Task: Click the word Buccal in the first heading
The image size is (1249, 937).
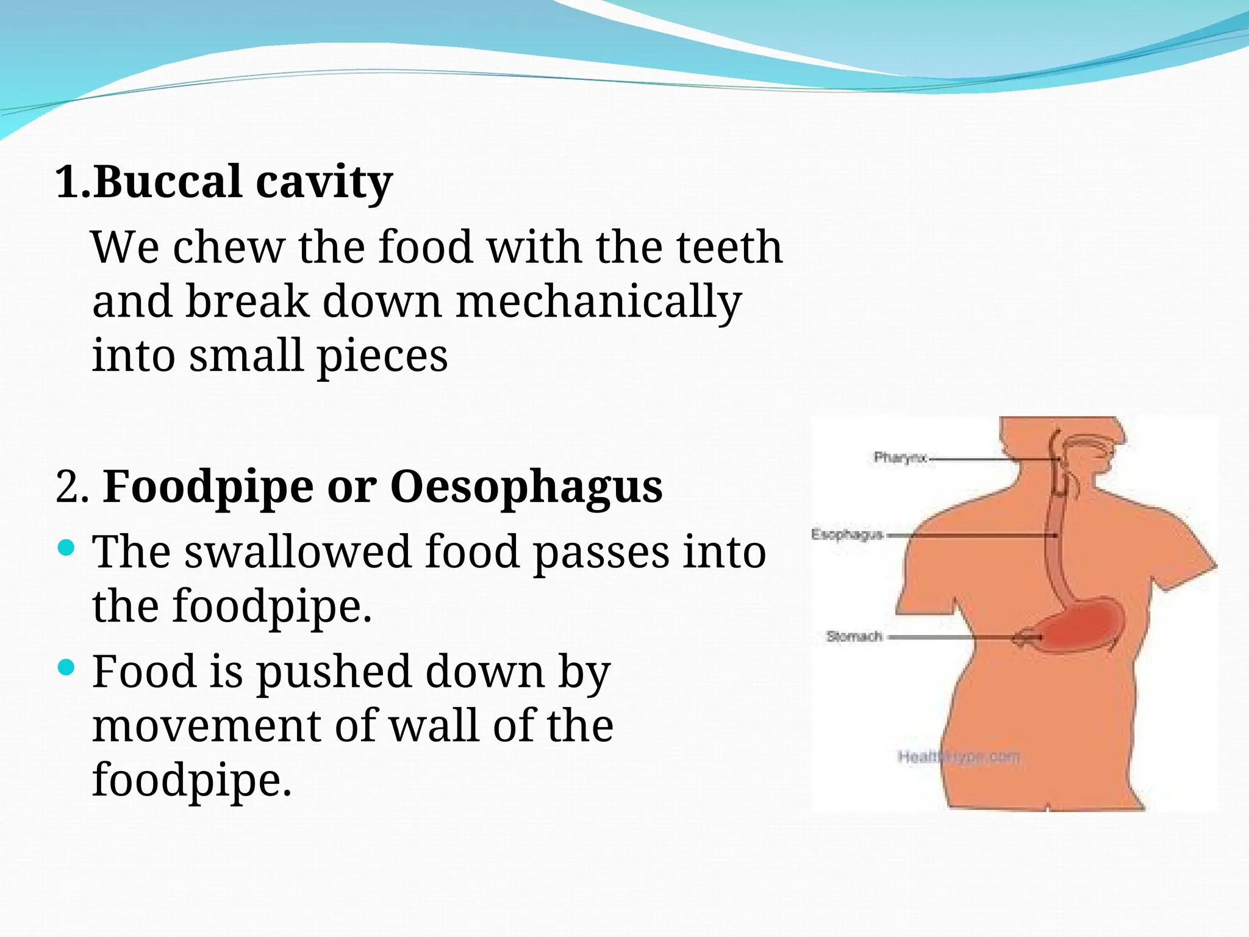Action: pos(168,182)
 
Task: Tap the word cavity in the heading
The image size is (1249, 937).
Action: pos(324,183)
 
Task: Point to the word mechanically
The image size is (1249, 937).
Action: pos(598,302)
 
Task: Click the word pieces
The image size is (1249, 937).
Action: pos(382,357)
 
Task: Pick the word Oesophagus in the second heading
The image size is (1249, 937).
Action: pos(526,488)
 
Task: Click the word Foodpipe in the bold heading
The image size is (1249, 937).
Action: pos(208,488)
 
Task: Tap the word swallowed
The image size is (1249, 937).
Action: pos(298,552)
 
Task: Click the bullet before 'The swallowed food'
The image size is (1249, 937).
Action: pos(66,547)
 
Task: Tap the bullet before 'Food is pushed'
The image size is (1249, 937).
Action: pos(66,667)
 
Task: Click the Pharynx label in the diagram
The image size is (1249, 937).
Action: pos(900,458)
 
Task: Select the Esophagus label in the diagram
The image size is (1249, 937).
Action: pos(847,534)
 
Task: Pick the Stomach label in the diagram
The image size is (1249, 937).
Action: pos(854,636)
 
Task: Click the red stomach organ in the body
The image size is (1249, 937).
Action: pos(1079,628)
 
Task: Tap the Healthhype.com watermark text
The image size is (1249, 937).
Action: pos(958,757)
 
